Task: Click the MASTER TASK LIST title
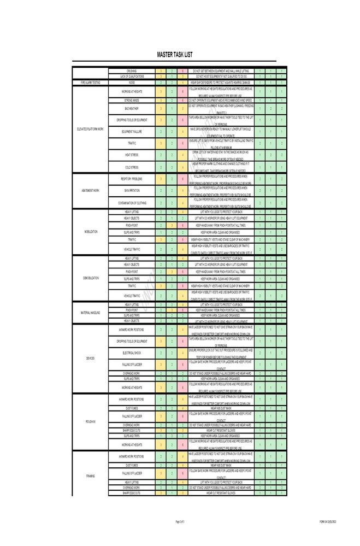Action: (x=174, y=55)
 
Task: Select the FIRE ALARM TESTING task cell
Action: (x=90, y=83)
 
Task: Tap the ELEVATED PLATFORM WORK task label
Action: (x=90, y=129)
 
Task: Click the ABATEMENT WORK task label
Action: (x=90, y=191)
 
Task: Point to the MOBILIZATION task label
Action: (x=90, y=232)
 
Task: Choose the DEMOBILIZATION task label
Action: (x=90, y=278)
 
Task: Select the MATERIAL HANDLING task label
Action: (x=90, y=313)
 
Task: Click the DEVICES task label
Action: (x=90, y=359)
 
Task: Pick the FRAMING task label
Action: (x=90, y=476)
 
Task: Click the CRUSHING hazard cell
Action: (x=132, y=71)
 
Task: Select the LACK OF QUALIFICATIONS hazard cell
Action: (x=132, y=77)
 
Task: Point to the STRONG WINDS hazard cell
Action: (x=132, y=101)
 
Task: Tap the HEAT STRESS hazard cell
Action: (x=132, y=155)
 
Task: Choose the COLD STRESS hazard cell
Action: (x=132, y=167)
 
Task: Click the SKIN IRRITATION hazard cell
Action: (x=132, y=191)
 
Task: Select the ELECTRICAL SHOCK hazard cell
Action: (x=132, y=353)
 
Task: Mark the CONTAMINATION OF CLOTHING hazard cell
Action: (x=132, y=203)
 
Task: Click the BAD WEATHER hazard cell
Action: (x=132, y=109)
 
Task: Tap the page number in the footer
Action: (x=180, y=522)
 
